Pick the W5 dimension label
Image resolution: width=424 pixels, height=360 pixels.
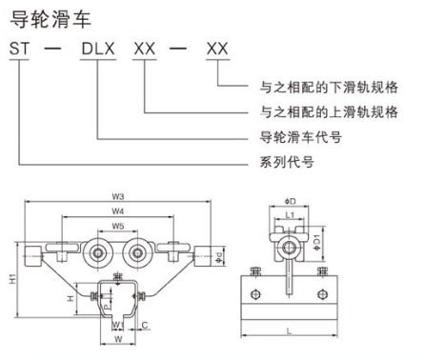115,227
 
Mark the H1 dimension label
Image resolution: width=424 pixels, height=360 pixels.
10,278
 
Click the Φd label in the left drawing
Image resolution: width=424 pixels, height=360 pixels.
219,256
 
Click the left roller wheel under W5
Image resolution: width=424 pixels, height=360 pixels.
97,254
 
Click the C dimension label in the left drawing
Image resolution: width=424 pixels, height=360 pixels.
143,324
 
